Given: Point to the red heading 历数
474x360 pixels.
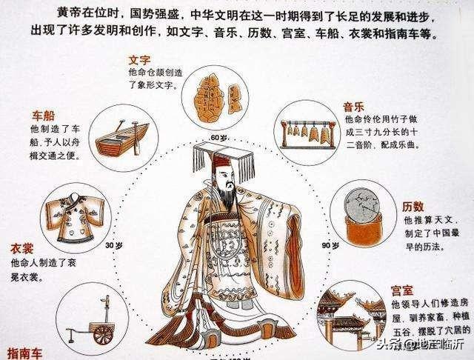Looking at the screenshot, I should coord(413,207).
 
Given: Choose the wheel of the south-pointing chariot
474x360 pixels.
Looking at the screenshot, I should coord(104,334).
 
